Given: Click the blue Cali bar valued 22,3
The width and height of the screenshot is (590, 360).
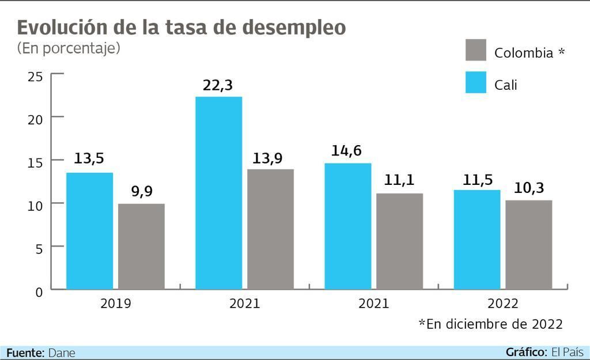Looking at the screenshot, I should (218, 192).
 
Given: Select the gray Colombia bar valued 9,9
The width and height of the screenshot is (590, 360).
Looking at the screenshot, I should (141, 246).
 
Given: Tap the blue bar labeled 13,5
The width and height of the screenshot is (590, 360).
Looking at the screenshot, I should (89, 230).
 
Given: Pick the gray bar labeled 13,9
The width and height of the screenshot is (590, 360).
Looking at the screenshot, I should (270, 229).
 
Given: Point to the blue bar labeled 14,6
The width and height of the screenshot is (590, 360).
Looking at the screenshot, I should (347, 226).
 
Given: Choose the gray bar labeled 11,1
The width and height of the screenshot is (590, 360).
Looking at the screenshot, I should (399, 241).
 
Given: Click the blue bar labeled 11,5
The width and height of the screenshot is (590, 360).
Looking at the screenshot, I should (476, 239).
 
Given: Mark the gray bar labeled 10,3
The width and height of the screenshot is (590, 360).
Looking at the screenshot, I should (528, 244).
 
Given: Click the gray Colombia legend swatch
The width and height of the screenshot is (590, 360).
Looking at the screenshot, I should (476, 51).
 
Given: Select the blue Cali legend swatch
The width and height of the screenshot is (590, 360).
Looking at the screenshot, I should (476, 83).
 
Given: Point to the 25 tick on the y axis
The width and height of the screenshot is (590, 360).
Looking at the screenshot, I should (35, 76).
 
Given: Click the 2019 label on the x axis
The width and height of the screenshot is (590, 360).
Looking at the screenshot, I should (115, 304).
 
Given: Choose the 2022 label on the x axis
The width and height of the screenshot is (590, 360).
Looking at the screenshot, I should (502, 304).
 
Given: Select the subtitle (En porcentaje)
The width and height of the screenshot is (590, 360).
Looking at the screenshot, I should (69, 48).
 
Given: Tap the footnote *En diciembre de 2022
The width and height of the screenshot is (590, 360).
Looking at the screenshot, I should (490, 324).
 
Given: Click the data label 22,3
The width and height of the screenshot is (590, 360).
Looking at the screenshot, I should (218, 85).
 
